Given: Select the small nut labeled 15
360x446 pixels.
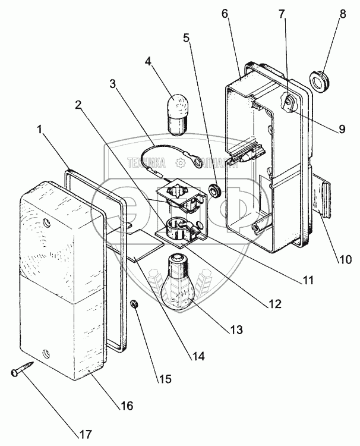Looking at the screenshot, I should (135, 304).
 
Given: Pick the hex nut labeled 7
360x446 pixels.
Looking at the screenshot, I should (289, 103).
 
